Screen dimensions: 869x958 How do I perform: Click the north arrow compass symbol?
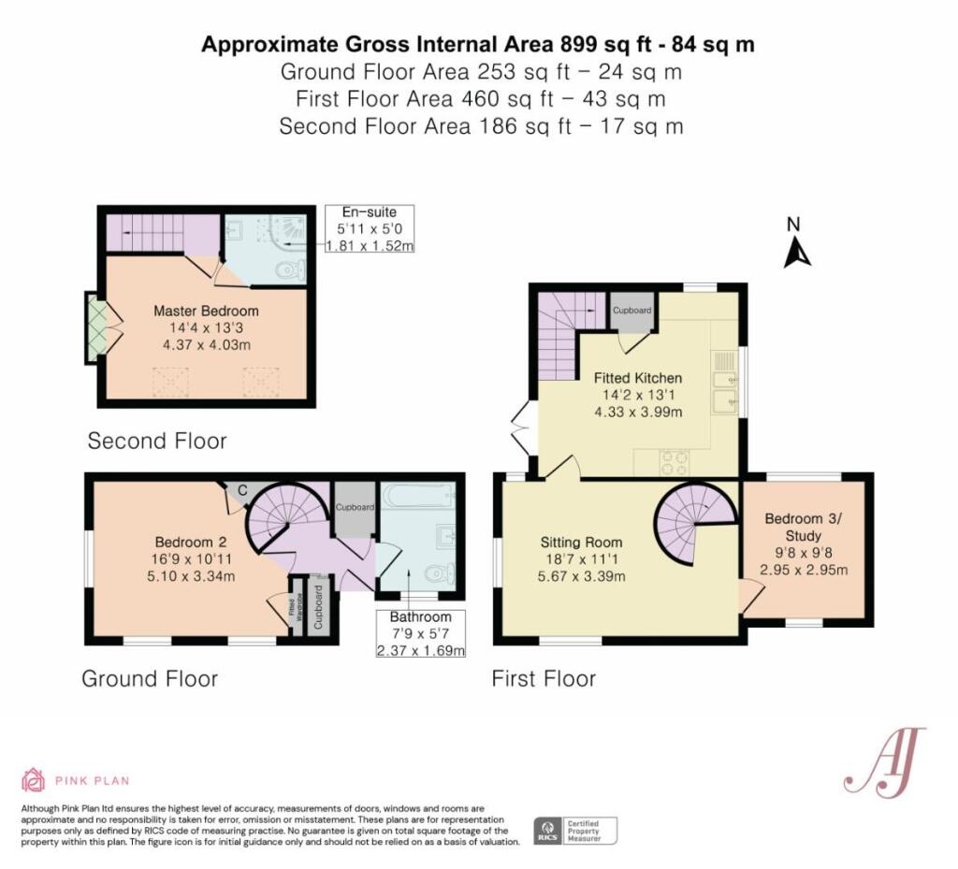797,246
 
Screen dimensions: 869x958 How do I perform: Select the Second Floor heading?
157,441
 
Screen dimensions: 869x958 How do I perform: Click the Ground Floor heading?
150,678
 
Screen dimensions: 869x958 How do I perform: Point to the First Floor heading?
544,678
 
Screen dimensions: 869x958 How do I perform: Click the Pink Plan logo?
75,780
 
